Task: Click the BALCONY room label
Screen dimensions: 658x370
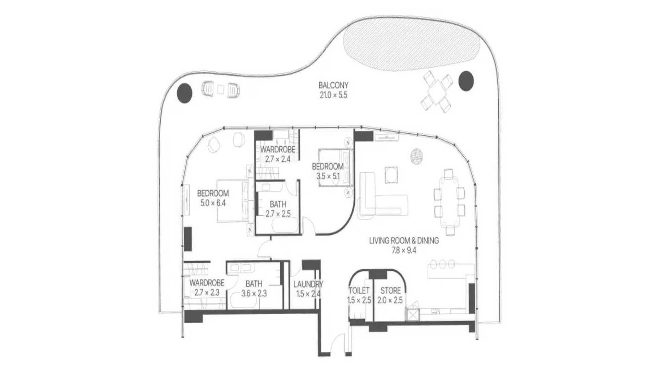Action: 333,85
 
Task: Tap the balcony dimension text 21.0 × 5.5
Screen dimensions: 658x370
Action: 333,95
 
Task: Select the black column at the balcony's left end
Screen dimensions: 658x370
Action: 184,92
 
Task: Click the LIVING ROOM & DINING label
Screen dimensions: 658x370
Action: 404,241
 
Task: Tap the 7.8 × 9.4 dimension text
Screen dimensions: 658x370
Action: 404,250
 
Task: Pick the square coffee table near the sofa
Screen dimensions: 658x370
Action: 391,175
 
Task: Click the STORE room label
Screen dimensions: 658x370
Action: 390,291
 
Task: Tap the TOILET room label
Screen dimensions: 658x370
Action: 359,291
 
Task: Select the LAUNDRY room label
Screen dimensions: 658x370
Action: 308,284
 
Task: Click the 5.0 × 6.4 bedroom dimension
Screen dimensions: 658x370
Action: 213,203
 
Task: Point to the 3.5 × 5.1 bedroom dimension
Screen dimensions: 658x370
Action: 328,177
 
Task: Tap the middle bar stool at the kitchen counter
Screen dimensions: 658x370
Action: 442,264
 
